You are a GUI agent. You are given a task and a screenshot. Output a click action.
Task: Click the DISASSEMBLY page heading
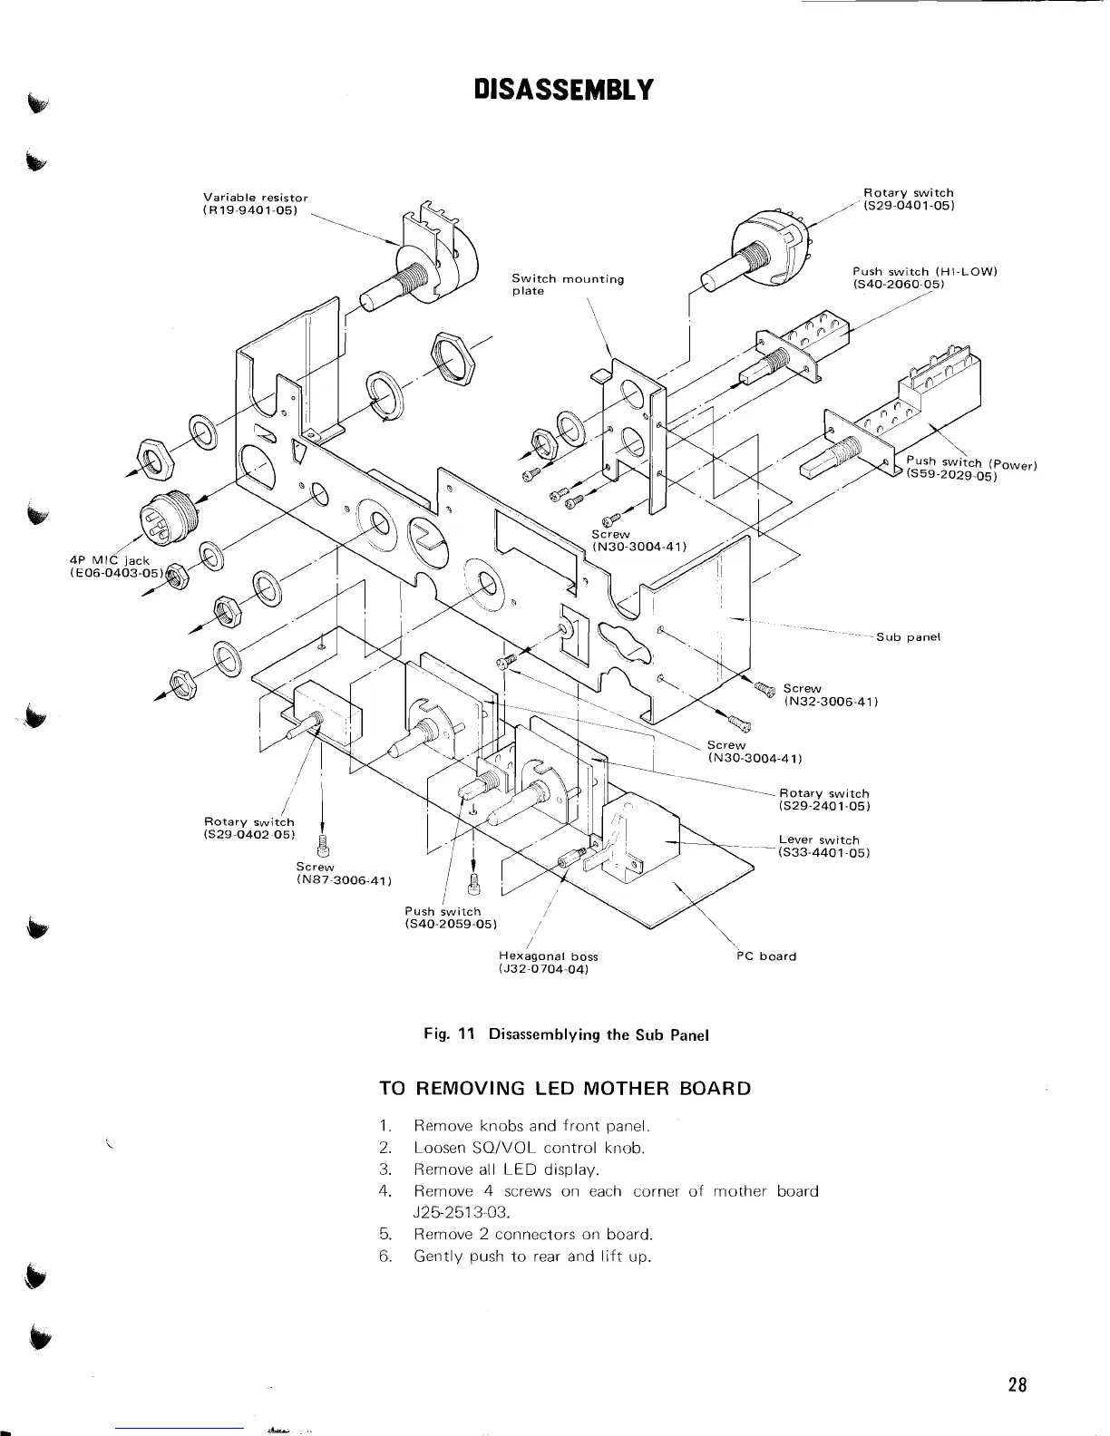pos(562,91)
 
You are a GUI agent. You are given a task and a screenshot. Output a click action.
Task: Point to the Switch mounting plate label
pos(568,285)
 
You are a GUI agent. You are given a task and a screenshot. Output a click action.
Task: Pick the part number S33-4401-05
pos(824,853)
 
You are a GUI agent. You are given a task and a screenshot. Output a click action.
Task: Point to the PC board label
pos(765,956)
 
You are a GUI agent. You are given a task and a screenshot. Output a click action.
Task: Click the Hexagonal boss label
pos(549,956)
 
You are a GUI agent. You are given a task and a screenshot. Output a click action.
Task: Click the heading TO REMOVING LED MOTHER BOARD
pos(564,1088)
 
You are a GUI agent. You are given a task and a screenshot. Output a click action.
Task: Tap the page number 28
pos(1016,1384)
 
